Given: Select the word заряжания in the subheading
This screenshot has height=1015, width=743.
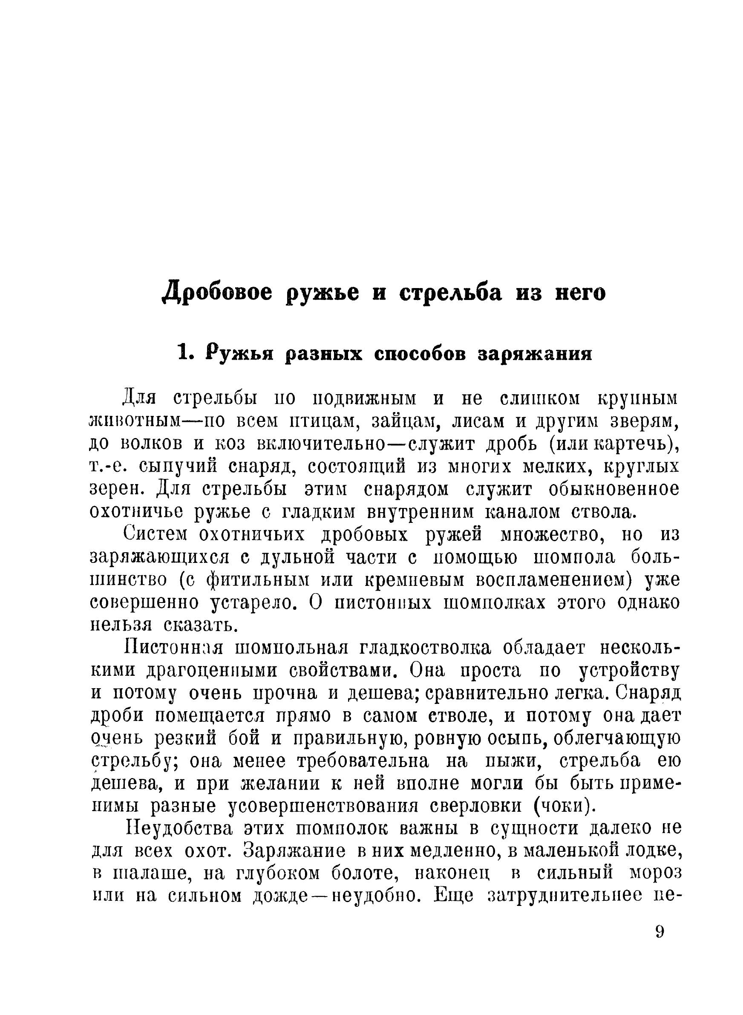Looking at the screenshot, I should tap(533, 354).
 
